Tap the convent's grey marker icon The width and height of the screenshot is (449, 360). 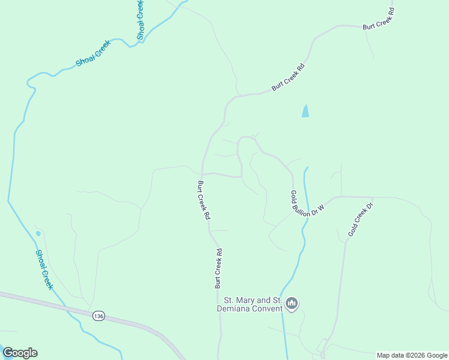coord(292,304)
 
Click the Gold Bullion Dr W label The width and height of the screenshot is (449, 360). coord(307,204)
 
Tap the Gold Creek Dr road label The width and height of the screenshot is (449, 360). coord(360,219)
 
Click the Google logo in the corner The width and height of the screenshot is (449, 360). coord(20,353)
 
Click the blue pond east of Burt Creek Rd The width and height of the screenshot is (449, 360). coord(305,111)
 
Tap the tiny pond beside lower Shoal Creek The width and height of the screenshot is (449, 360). coord(38,233)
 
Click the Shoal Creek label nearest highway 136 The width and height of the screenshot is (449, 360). coord(44,269)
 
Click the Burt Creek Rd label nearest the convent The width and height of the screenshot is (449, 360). coord(218,268)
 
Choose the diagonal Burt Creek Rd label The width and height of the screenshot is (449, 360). coord(289,77)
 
